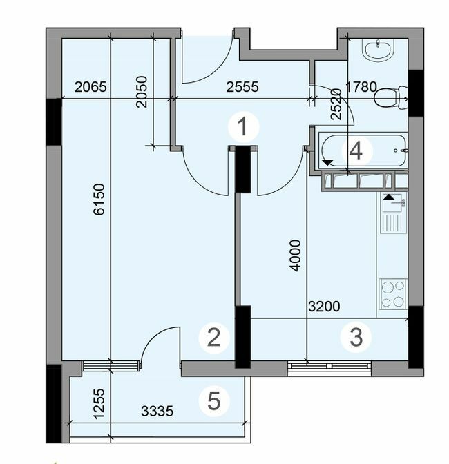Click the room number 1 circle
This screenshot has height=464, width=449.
point(242,127)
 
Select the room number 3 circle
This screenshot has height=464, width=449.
point(356,338)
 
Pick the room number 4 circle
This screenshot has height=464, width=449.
point(356,151)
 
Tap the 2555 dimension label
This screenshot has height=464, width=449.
point(242,87)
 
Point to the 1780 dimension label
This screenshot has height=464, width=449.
point(360,87)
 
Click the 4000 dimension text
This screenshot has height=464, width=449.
point(295,255)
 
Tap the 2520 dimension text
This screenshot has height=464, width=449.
point(336,105)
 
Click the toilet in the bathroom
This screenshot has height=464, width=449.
point(391,99)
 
